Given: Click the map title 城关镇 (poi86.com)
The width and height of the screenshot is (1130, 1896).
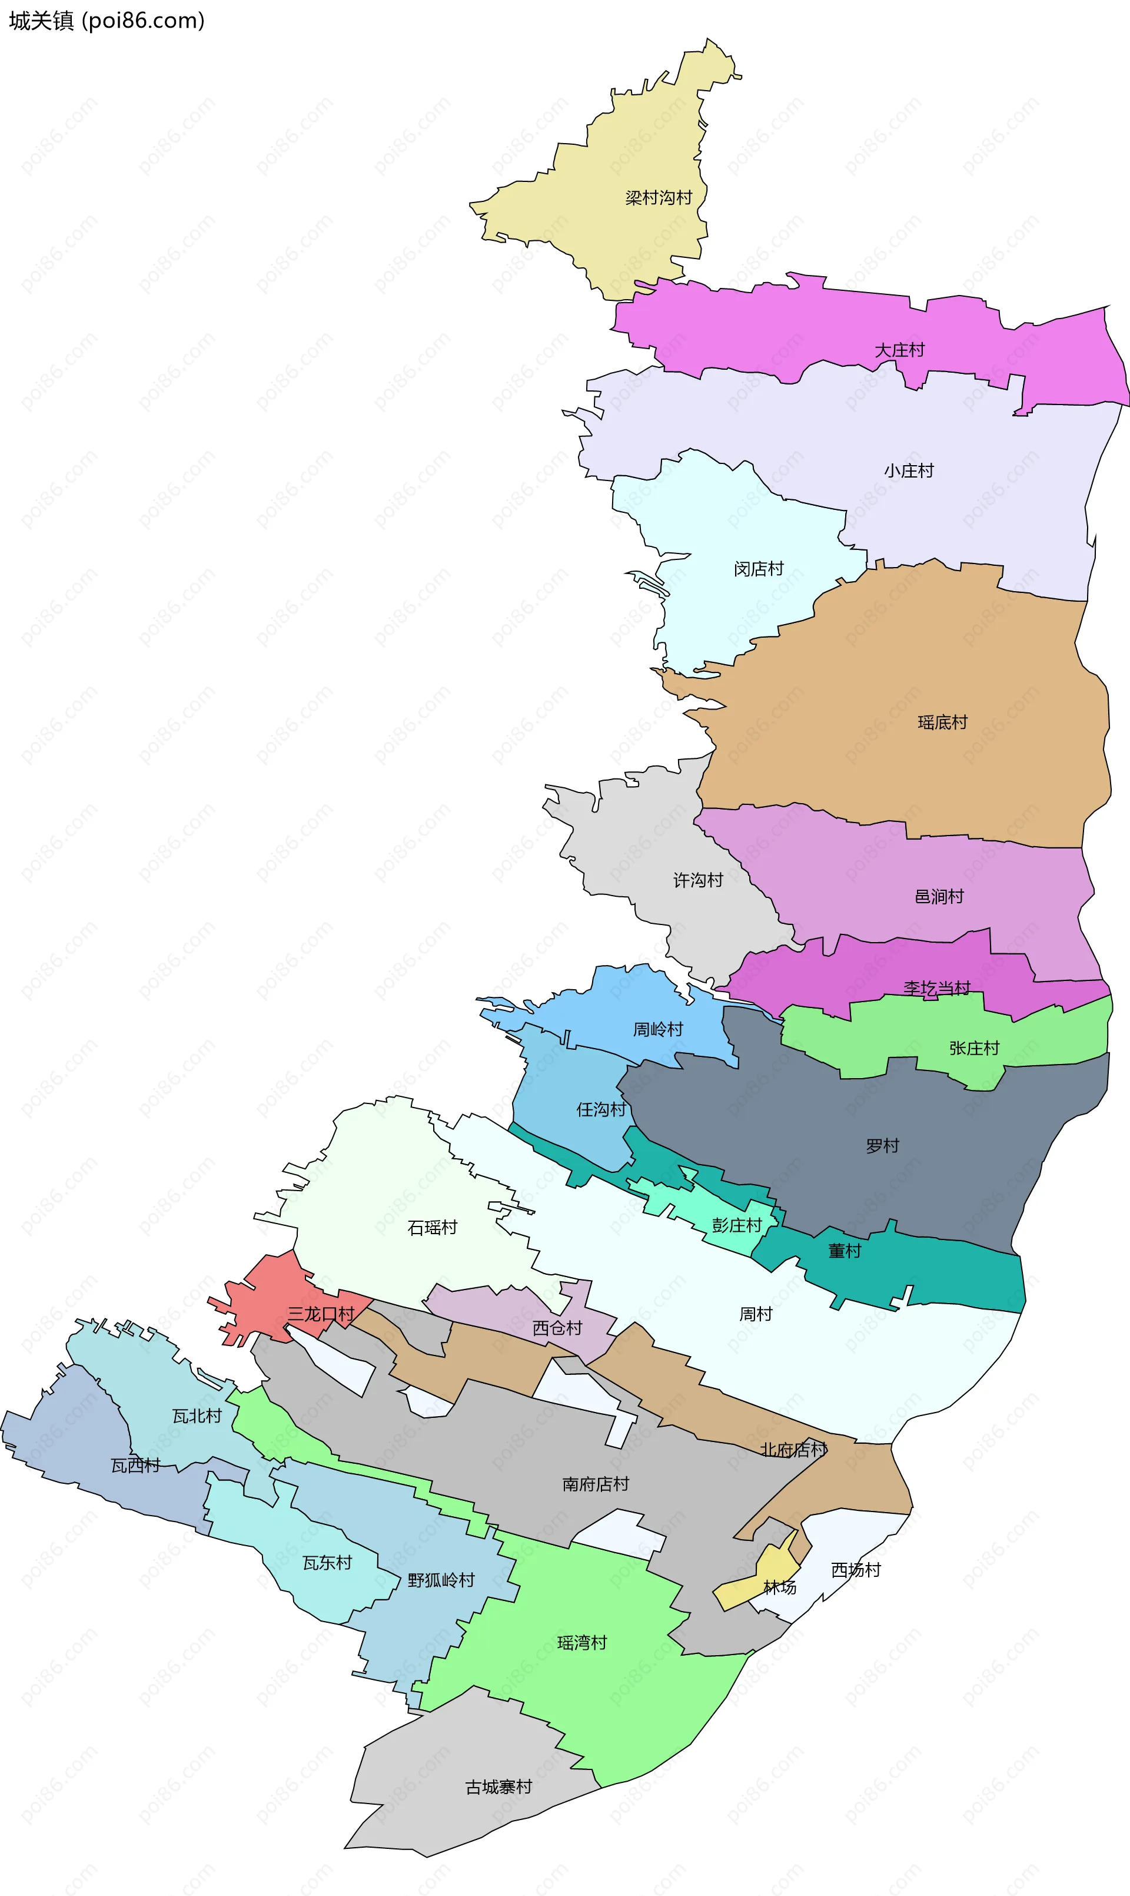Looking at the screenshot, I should (107, 21).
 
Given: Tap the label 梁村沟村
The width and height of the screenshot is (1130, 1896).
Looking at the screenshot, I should (659, 198).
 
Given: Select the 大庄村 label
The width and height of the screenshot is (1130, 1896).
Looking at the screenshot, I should (899, 350).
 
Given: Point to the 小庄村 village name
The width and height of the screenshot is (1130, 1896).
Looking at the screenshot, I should (909, 471).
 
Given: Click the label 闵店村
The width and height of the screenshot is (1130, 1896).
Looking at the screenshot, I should (759, 569).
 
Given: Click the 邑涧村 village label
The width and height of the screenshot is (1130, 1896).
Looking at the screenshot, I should (939, 897).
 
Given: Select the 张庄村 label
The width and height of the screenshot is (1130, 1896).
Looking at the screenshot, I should (974, 1048).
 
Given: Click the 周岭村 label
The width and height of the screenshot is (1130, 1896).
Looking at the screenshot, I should (658, 1030).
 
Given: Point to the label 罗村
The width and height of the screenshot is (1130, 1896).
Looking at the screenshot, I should (883, 1146).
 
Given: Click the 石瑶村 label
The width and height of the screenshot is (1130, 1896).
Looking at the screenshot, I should (433, 1227).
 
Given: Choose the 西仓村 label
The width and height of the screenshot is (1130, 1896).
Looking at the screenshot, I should (557, 1328).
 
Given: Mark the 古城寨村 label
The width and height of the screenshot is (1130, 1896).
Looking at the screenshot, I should (498, 1787).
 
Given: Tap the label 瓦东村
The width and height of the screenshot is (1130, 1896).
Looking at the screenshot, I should (327, 1563).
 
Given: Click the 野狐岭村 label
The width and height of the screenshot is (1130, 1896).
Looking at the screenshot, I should (441, 1580).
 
